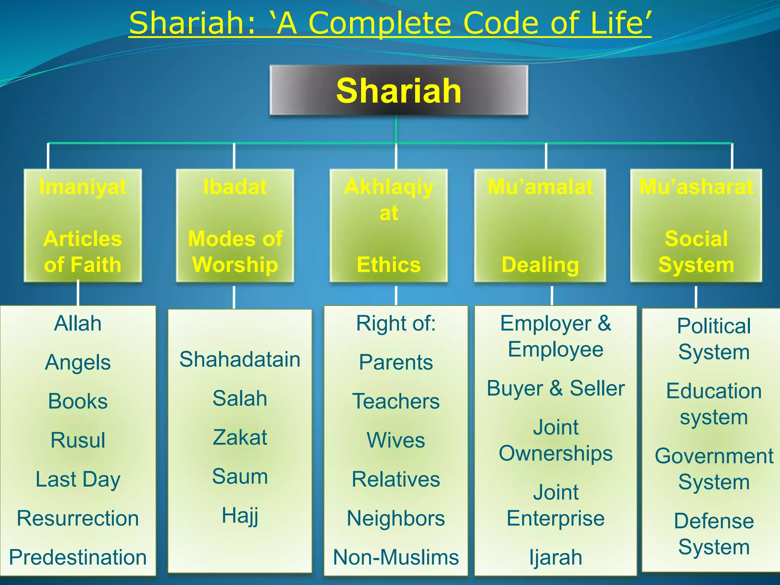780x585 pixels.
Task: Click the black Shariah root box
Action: click(398, 91)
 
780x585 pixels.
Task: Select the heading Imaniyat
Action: click(83, 187)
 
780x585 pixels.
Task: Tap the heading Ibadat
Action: click(235, 187)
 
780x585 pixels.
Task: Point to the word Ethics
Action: click(388, 265)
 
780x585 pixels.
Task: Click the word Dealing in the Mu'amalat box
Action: click(540, 265)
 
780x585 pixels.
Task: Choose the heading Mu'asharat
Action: click(696, 187)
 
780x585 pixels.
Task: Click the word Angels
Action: click(78, 362)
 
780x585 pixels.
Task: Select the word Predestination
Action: click(78, 557)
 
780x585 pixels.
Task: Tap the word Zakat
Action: click(240, 437)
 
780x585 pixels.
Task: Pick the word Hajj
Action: click(240, 516)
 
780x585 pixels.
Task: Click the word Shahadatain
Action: click(240, 359)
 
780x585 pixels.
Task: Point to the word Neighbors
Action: click(396, 518)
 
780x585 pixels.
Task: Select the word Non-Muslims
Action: click(396, 557)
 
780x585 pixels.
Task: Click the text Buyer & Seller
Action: click(556, 388)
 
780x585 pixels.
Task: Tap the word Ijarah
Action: click(556, 557)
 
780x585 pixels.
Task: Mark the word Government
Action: click(714, 456)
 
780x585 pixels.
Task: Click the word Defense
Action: click(714, 521)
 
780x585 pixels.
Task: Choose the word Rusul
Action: click(78, 440)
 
